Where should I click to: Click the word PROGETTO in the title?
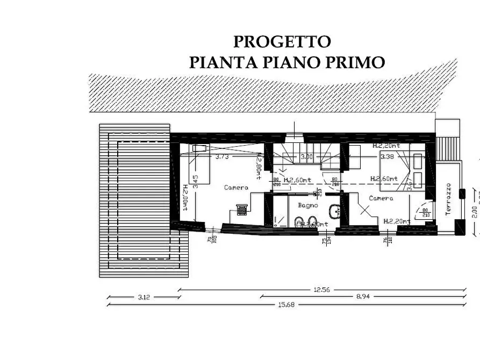(282, 41)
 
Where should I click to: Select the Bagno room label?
(308, 205)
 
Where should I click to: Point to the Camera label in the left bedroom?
(236, 188)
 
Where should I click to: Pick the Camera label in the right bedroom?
(381, 198)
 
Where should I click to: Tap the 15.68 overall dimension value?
(286, 304)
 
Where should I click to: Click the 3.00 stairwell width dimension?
(306, 157)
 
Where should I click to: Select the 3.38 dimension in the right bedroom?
(387, 157)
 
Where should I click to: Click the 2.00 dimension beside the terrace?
(474, 211)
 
